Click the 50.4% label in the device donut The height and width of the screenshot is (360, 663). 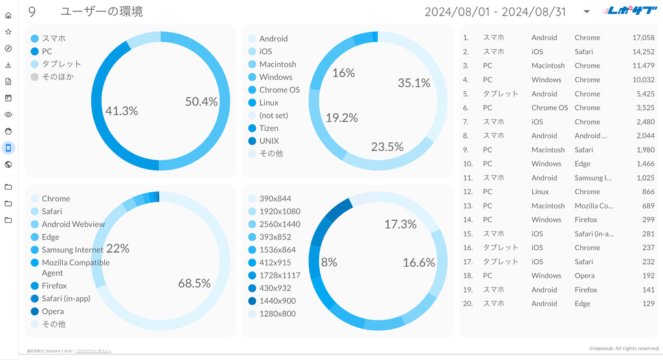[201, 102]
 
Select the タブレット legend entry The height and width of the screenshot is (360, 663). [62, 64]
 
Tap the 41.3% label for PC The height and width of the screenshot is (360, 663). [122, 111]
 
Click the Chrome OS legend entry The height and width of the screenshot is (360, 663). [279, 90]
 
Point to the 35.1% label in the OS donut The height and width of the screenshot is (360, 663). [414, 83]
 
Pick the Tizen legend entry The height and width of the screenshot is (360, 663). [269, 128]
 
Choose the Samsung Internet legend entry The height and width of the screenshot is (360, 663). [72, 250]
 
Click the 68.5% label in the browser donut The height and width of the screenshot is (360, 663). [194, 283]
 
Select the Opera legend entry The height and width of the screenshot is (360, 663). [52, 311]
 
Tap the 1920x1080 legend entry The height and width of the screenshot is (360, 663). [280, 211]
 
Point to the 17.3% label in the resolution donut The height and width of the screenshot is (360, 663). [400, 224]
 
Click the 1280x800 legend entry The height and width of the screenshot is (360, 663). [277, 313]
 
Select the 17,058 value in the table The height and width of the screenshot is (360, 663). [643, 38]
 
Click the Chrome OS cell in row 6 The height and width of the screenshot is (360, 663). [549, 107]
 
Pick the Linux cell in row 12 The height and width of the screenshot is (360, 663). [540, 192]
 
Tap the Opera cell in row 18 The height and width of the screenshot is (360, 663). [583, 276]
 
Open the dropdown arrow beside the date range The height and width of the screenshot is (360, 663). [586, 12]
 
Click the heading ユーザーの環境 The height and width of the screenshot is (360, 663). [101, 12]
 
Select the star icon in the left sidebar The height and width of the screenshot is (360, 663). [8, 32]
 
